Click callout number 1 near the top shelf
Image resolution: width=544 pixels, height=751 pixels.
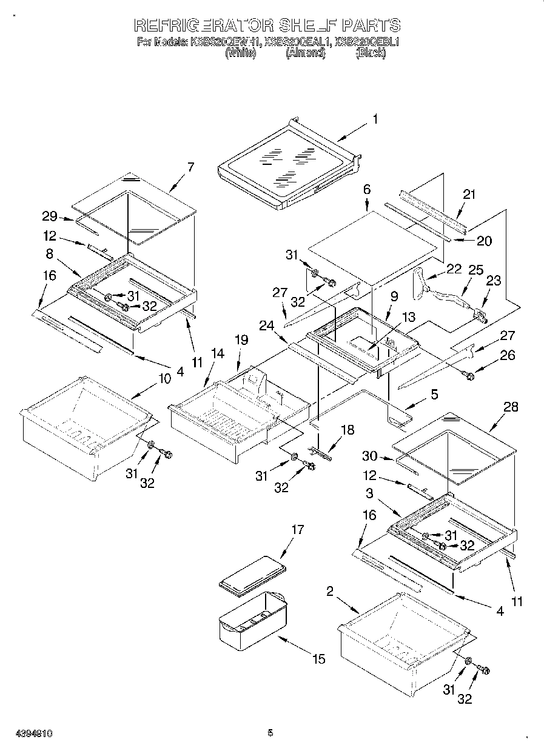375,120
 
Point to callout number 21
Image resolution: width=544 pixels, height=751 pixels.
469,195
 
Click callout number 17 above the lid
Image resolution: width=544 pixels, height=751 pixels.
297,529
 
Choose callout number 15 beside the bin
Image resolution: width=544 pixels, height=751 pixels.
319,659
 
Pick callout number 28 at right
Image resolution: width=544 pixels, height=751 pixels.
511,407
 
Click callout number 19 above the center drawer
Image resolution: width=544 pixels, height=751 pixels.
241,340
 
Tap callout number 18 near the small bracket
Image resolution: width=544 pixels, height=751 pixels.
347,430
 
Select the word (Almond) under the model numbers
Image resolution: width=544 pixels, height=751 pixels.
306,53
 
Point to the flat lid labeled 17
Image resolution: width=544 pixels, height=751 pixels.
252,573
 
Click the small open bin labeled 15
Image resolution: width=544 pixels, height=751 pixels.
252,618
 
